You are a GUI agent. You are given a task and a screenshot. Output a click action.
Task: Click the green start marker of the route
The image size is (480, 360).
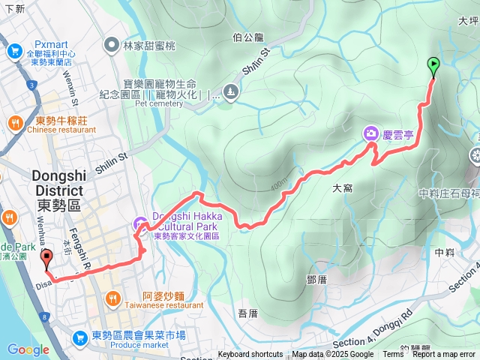[433, 66]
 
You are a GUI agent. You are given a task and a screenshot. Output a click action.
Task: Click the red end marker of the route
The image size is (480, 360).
[48, 259]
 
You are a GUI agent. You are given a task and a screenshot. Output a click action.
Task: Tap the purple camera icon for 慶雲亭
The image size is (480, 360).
[370, 134]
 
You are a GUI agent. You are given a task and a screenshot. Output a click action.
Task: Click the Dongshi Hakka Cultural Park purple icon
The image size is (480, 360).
[140, 223]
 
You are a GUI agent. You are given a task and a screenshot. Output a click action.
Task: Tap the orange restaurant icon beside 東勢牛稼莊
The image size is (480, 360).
[14, 122]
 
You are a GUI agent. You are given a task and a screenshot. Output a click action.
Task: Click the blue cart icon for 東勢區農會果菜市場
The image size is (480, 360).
[79, 339]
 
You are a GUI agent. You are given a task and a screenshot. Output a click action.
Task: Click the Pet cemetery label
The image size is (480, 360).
[159, 103]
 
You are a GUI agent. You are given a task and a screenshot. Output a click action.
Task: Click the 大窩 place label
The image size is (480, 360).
[342, 190]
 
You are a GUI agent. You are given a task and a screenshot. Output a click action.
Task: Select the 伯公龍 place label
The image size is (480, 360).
[248, 36]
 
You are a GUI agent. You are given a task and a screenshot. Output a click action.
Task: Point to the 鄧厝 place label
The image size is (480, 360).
[316, 279]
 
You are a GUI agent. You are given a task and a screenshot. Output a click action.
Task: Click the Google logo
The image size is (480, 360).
[28, 349]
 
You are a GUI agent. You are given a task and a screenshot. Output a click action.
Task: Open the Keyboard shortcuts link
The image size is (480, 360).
[250, 355]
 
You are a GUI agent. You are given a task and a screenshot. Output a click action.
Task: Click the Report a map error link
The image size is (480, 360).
[445, 355]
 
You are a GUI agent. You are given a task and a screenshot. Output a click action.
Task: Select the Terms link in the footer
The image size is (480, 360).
[393, 355]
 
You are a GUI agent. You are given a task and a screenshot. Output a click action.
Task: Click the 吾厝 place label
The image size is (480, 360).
[247, 312]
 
